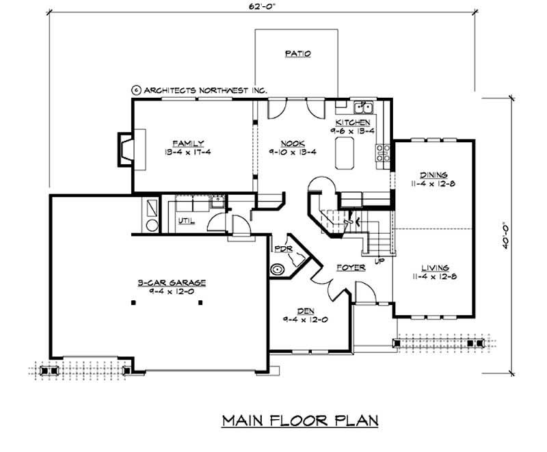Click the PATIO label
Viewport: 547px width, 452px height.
tap(296, 53)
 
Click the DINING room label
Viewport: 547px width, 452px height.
tap(433, 174)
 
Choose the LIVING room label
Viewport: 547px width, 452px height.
tap(434, 267)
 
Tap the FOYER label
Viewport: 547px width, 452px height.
tap(351, 267)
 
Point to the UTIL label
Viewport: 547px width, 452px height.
tap(186, 221)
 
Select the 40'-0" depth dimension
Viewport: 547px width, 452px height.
tap(505, 236)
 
